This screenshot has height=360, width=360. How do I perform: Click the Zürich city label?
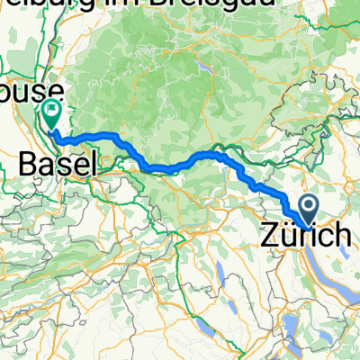pos(306,237)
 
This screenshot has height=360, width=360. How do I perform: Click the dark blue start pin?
pos(308,211)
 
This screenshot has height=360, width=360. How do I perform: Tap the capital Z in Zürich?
pos(269,237)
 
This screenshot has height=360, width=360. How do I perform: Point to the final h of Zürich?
pos(343,237)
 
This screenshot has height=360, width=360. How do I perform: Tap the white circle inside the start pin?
pos(308,207)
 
